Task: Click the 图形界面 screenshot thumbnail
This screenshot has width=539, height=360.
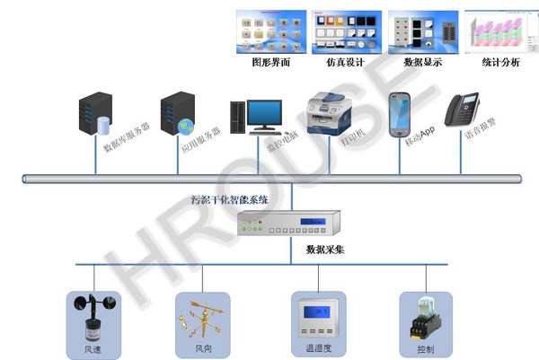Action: click(x=269, y=31)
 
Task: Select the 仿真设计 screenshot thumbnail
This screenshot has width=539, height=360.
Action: click(x=346, y=31)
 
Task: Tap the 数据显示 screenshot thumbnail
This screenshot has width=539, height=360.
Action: click(x=422, y=31)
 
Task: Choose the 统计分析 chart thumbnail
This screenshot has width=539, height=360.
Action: click(x=499, y=31)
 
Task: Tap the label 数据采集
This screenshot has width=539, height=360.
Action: click(x=325, y=249)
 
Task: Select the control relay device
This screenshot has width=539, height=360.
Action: click(x=420, y=315)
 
